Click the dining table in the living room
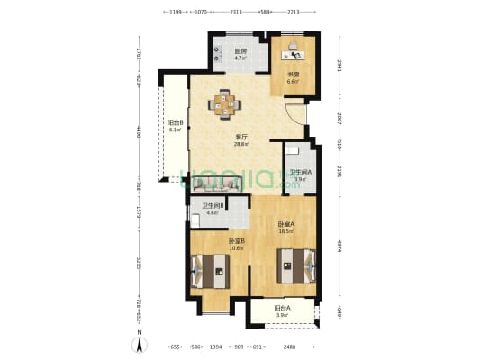[225, 103]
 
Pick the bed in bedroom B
[210, 268]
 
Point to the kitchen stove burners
[218, 54]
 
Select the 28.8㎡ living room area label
[240, 144]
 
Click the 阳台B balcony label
[175, 123]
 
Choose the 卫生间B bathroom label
[213, 206]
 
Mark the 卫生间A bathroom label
[299, 172]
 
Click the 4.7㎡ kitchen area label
[240, 58]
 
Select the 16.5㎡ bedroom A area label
[285, 231]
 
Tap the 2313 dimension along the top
[235, 13]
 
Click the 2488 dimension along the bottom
[287, 346]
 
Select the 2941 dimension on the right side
[340, 65]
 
